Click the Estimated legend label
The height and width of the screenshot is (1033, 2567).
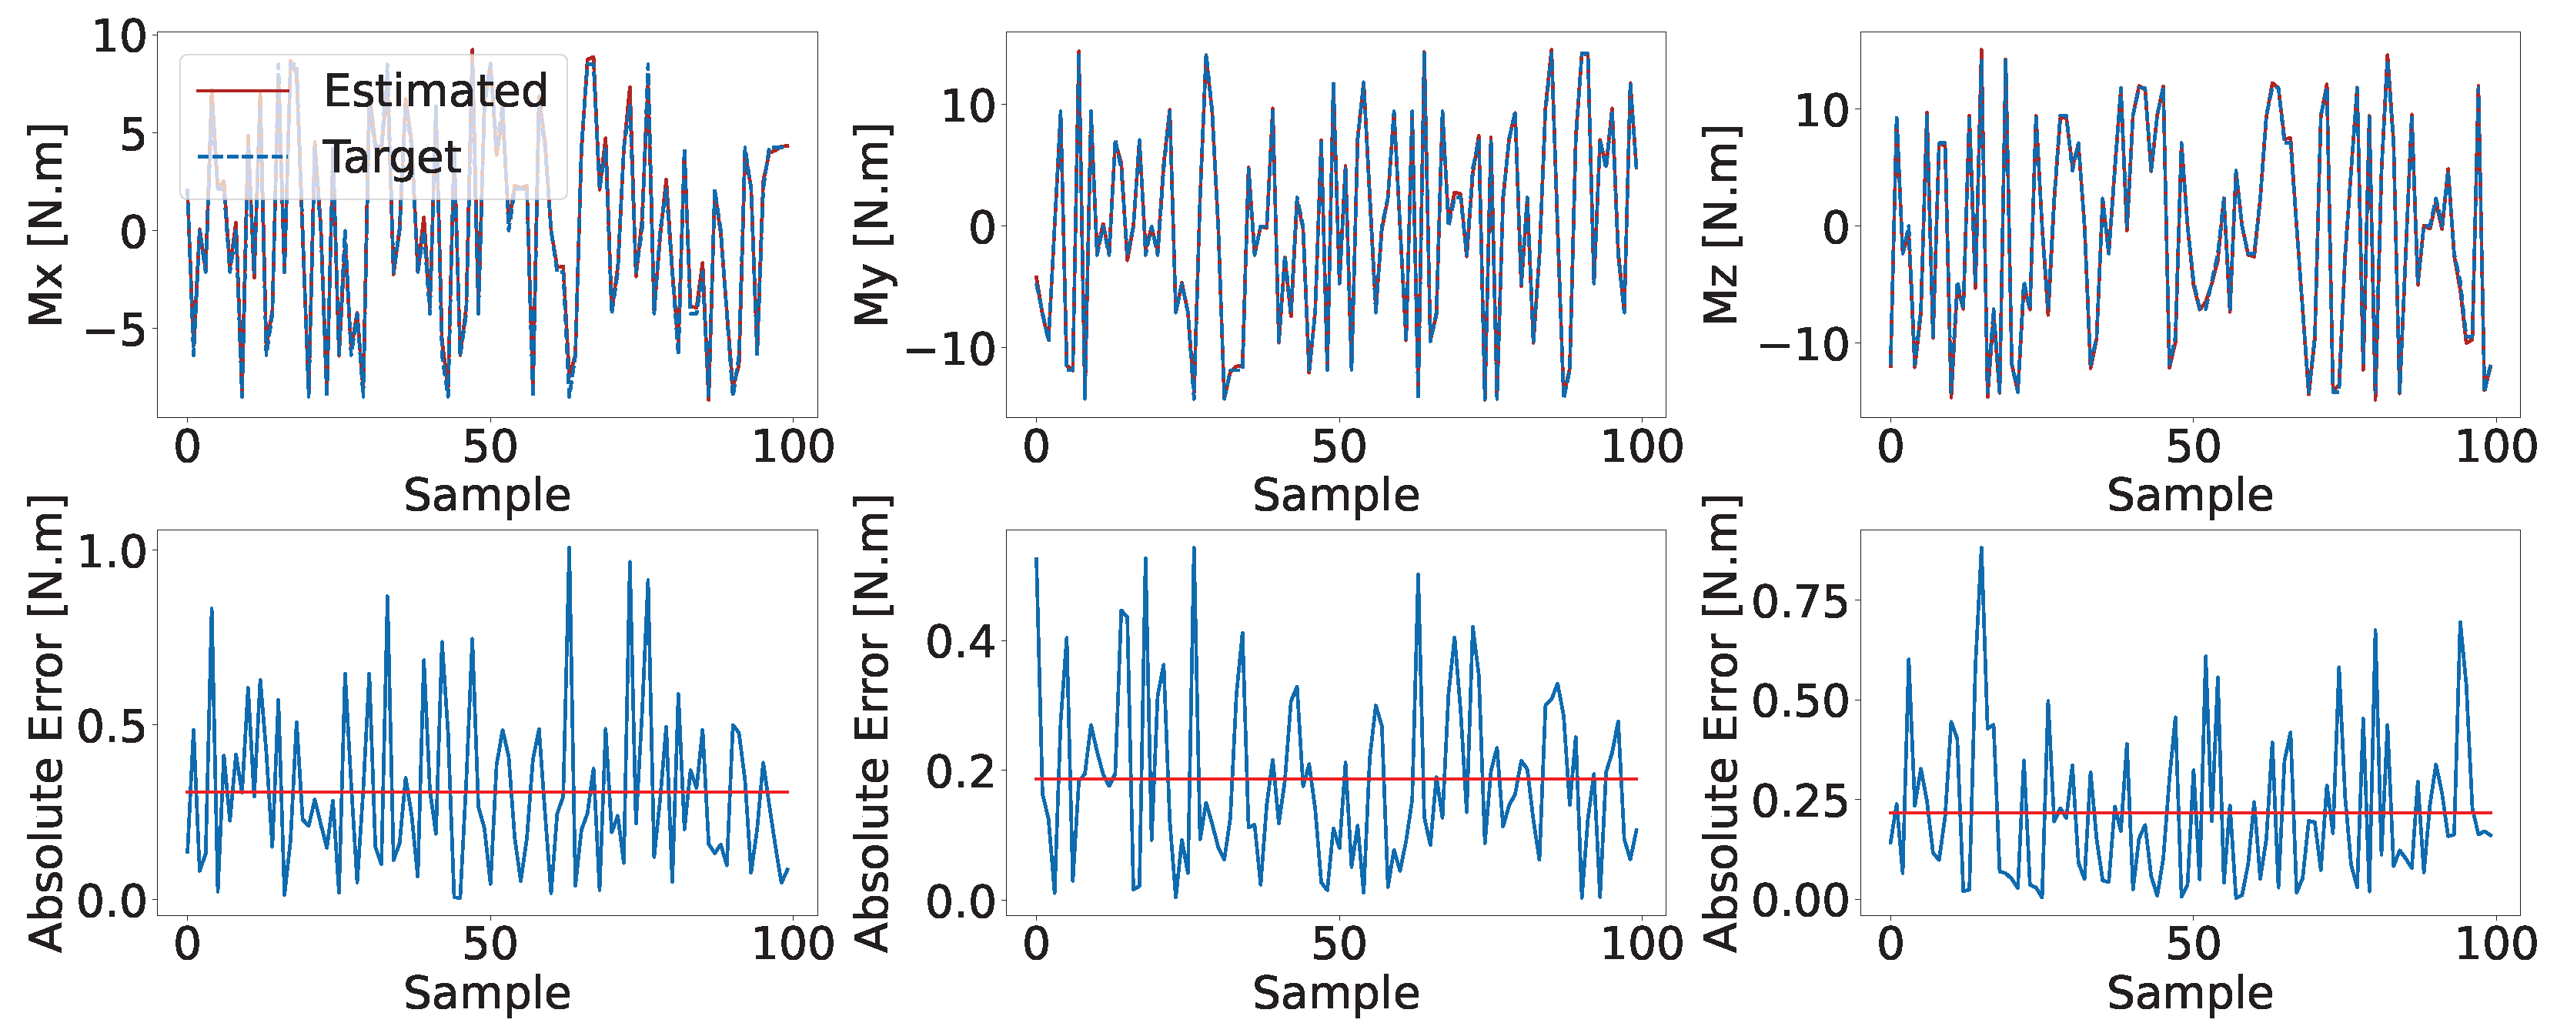[436, 91]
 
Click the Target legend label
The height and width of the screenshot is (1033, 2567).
[393, 157]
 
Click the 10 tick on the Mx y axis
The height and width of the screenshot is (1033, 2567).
[119, 38]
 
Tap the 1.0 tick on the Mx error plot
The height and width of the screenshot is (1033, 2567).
[112, 552]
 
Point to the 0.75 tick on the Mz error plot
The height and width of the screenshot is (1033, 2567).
[1800, 603]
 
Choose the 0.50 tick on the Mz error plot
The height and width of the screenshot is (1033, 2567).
[1800, 701]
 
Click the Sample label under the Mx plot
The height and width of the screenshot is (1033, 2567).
[487, 495]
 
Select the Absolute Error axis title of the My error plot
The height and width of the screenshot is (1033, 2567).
[873, 724]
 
